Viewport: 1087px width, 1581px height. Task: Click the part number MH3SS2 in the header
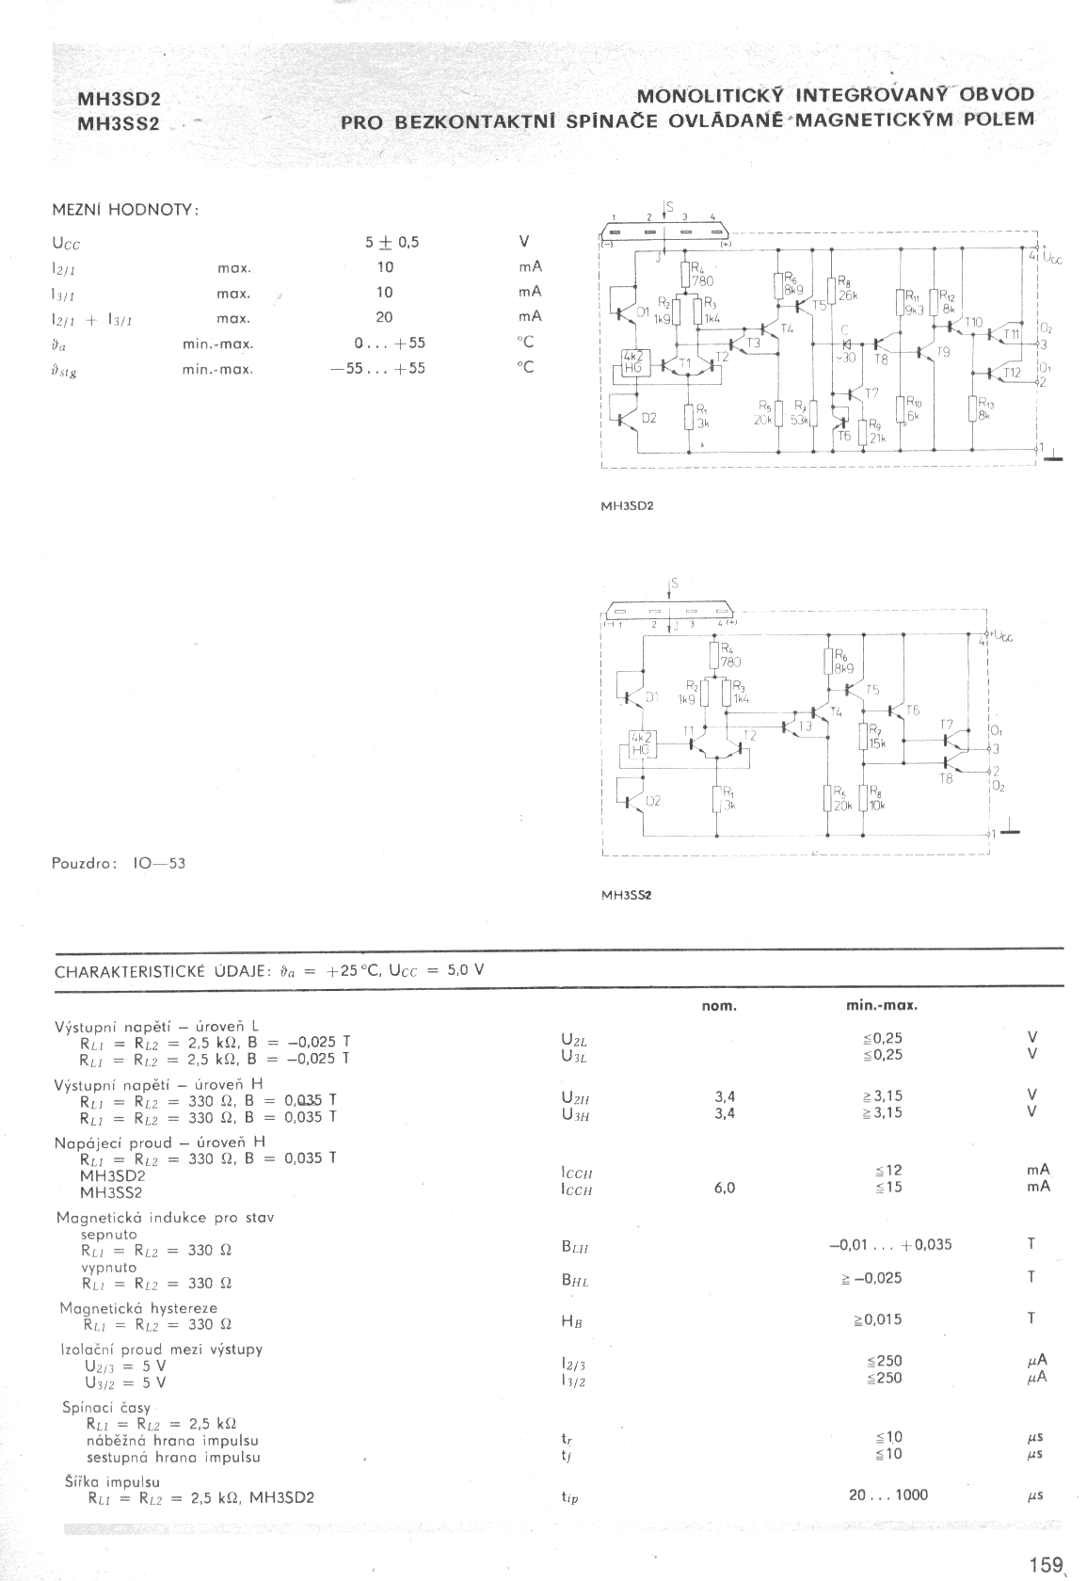tap(120, 123)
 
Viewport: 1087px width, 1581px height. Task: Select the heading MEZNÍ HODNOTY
tap(126, 210)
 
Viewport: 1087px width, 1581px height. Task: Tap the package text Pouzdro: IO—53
tap(119, 862)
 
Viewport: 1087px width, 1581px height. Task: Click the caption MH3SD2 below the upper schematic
tap(627, 505)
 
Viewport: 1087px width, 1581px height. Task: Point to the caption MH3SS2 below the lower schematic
tap(627, 895)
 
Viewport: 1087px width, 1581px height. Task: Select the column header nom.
tap(719, 1006)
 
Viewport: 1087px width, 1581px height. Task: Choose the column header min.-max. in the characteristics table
tap(882, 1006)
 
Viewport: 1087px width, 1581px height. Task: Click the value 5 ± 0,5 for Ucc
tap(392, 243)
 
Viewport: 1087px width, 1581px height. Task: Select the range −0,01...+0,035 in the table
tap(889, 1244)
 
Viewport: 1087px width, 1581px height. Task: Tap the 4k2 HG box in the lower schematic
tap(642, 743)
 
